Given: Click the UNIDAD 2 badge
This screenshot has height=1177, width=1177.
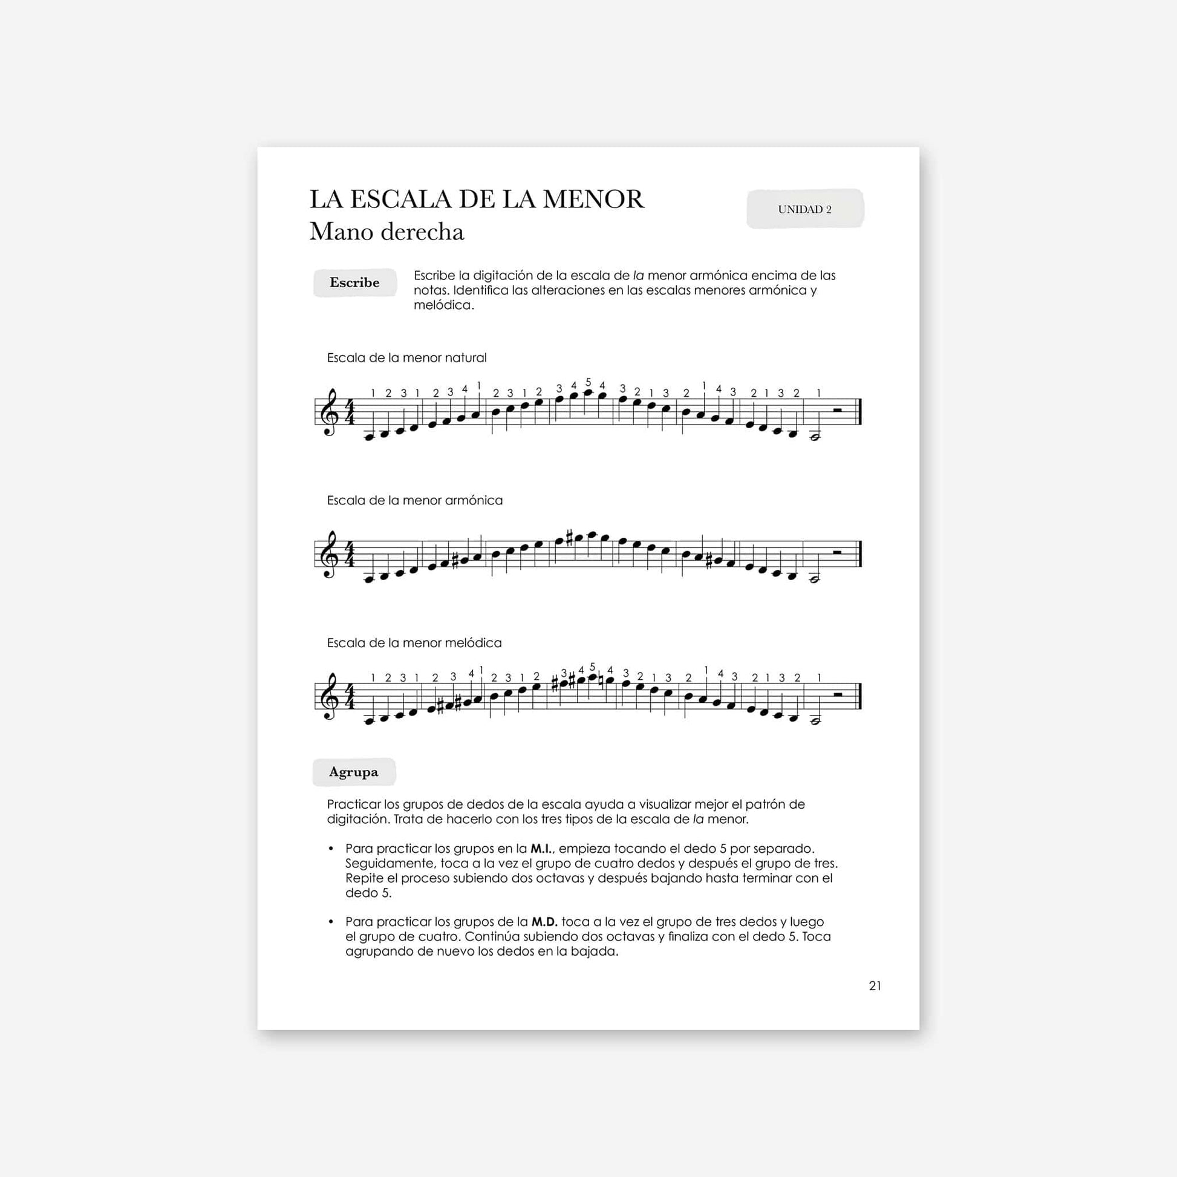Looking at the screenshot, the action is (x=805, y=209).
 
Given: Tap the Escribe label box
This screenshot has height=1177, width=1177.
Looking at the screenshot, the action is (x=354, y=282).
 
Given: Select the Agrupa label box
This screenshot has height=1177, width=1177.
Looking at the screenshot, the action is (x=354, y=772).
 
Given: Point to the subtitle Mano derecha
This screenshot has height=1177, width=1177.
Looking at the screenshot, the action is (x=387, y=232).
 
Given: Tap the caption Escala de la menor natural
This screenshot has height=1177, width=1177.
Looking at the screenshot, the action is (x=406, y=357).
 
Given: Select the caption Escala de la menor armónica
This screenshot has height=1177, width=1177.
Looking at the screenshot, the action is (x=415, y=500).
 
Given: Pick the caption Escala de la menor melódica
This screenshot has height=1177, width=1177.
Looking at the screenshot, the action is (x=414, y=643).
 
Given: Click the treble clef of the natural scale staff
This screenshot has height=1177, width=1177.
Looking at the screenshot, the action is (x=330, y=413).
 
